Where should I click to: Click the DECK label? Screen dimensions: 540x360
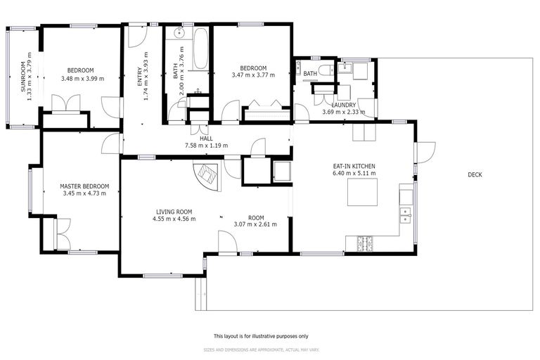tap(475, 174)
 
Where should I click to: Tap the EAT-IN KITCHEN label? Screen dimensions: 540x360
tap(354, 166)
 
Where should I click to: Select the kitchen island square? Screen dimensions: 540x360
tap(362, 192)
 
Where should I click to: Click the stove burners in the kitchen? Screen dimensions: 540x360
tap(365, 243)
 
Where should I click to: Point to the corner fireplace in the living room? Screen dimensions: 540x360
tap(207, 176)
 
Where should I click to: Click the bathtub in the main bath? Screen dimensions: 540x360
tap(200, 49)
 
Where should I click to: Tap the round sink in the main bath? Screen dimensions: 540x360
tap(179, 33)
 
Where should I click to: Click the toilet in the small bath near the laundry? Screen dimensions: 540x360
tap(326, 70)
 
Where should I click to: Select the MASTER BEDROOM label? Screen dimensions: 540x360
tap(84, 186)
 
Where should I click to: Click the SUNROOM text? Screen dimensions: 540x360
tap(22, 77)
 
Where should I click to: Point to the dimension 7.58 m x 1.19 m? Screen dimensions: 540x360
tap(206, 146)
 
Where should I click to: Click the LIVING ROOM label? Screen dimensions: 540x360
tap(174, 212)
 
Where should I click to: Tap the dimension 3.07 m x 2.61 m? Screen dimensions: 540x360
tap(255, 224)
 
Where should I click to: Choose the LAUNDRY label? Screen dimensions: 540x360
tap(343, 105)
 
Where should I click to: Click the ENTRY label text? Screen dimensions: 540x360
tap(140, 77)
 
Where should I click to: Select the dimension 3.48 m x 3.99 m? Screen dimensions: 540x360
tap(83, 79)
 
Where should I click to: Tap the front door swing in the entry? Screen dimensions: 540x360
tap(138, 37)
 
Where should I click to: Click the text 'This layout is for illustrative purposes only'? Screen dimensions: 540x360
tap(261, 336)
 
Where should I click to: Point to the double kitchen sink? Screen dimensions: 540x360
tap(405, 215)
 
